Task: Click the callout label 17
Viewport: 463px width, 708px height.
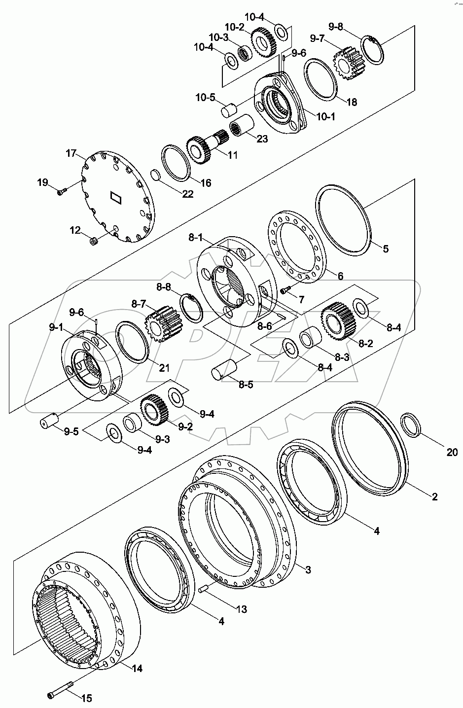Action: [71, 153]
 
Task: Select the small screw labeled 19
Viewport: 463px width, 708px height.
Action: [61, 192]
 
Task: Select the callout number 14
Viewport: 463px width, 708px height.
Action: [137, 669]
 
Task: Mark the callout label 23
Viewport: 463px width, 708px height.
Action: [261, 139]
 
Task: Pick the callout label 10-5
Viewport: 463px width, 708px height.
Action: [205, 97]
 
